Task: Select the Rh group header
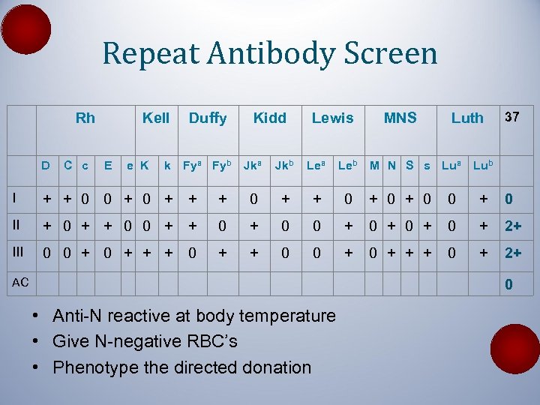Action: tap(85, 118)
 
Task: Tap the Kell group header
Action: tap(156, 118)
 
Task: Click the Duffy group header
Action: tap(208, 118)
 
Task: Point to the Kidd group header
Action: tap(269, 118)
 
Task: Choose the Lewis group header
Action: tap(332, 118)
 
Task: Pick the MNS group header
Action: tap(400, 118)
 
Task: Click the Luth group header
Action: tap(467, 118)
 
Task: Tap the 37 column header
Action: tap(513, 117)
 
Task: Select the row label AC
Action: tap(20, 282)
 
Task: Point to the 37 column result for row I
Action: tap(508, 199)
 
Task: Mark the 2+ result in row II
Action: tap(514, 226)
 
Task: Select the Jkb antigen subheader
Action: tap(283, 165)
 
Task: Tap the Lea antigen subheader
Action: tap(315, 165)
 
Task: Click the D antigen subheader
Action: tap(46, 165)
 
